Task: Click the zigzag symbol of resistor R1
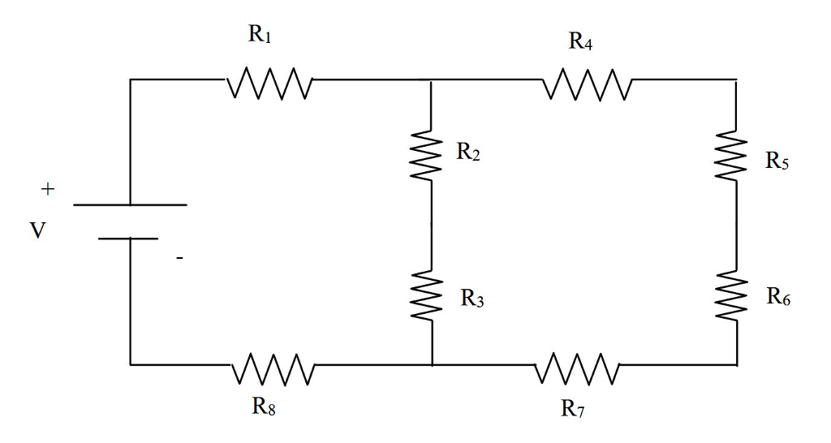pos(269,81)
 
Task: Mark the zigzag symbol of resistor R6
pos(735,296)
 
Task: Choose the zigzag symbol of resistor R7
pos(579,367)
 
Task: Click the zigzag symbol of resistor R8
pos(273,367)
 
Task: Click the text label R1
pos(259,34)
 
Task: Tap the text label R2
pos(468,152)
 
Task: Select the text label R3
pos(472,299)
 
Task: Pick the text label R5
pos(776,161)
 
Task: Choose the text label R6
pos(777,297)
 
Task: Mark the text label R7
pos(573,408)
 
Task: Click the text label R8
pos(264,406)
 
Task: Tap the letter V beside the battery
pos(37,230)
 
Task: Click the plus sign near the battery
pos(48,190)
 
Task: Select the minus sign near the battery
pos(179,259)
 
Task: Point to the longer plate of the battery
pos(130,204)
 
